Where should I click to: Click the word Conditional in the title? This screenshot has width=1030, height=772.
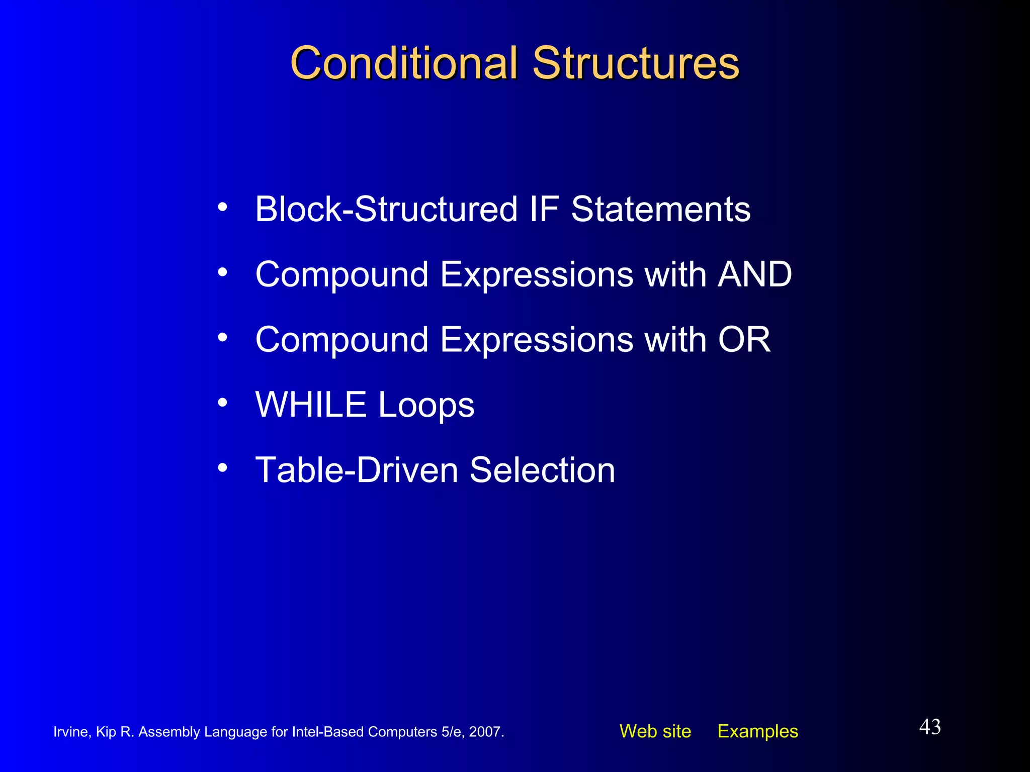(x=404, y=63)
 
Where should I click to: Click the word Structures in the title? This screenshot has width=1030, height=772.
(x=636, y=63)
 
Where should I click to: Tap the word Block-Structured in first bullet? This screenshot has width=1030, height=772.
(x=386, y=209)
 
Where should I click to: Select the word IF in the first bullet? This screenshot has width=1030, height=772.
(x=544, y=209)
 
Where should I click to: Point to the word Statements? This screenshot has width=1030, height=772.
(x=660, y=209)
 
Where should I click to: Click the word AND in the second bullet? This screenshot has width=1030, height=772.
(x=754, y=274)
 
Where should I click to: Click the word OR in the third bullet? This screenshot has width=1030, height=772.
(x=744, y=340)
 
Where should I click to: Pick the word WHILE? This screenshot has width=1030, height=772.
(x=310, y=405)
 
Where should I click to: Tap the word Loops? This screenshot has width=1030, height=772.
(x=426, y=406)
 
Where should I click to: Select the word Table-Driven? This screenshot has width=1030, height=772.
(x=357, y=470)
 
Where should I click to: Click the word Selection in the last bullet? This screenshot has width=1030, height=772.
(x=542, y=470)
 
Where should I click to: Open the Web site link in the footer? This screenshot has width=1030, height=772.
(x=655, y=731)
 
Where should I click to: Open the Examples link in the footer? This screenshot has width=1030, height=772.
(x=757, y=731)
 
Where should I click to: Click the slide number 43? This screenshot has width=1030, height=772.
(x=930, y=727)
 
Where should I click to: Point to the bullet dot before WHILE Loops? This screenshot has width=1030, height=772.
(x=222, y=403)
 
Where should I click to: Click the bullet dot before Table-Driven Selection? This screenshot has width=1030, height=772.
(x=222, y=468)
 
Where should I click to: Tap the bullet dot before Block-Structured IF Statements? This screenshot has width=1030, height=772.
(x=222, y=207)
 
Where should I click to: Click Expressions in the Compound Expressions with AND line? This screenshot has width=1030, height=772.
(x=536, y=275)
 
